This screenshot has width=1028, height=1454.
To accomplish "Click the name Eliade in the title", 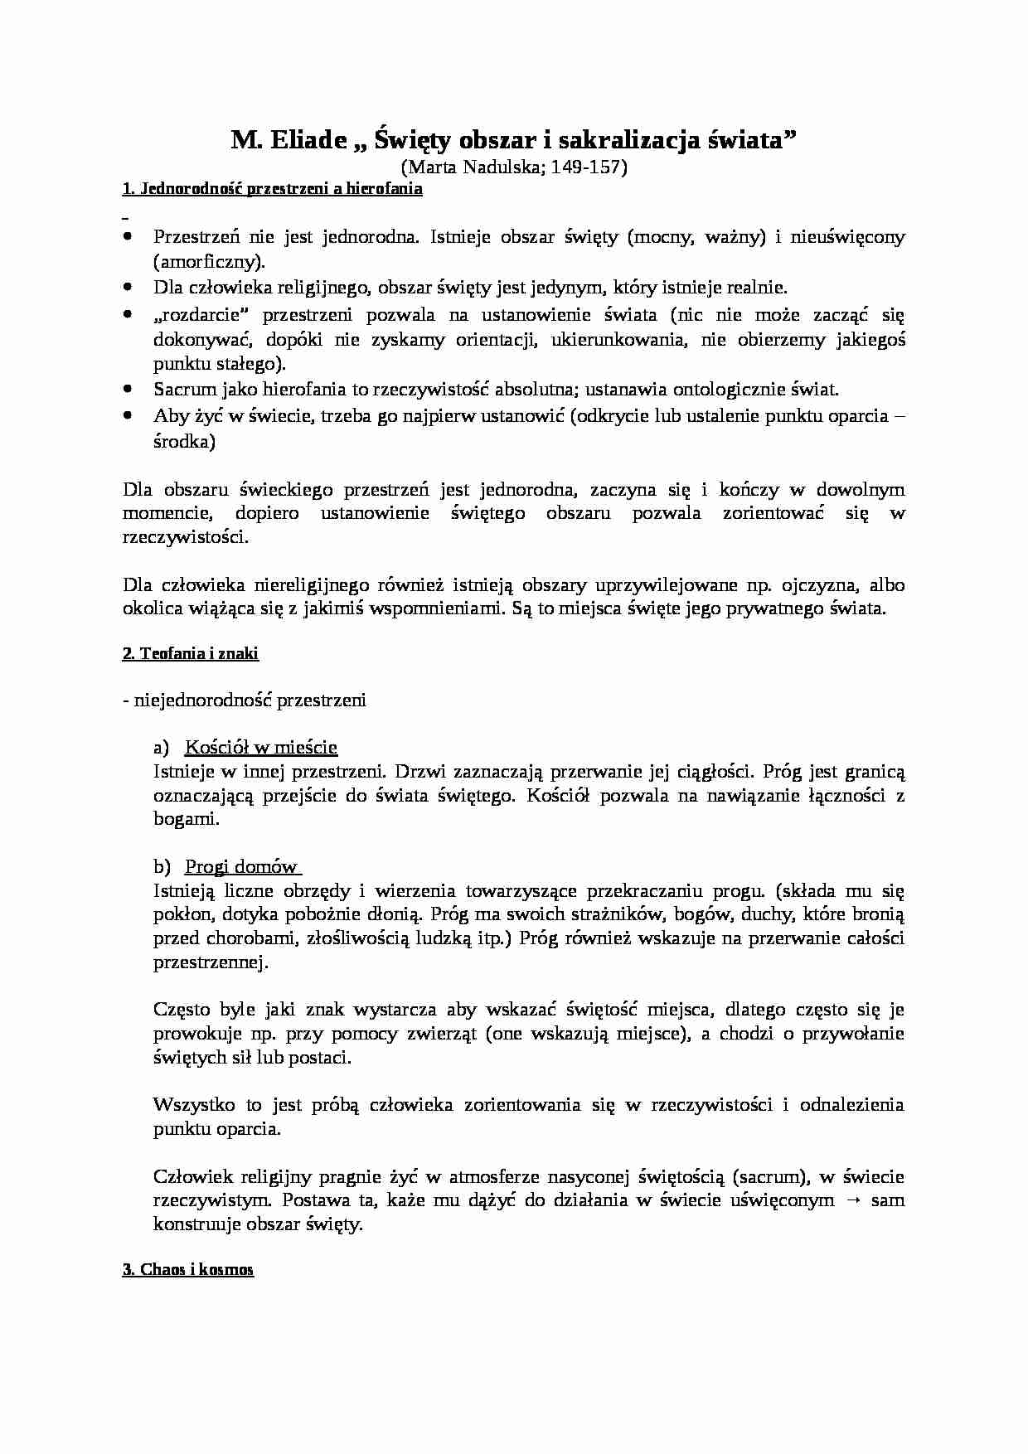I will [308, 141].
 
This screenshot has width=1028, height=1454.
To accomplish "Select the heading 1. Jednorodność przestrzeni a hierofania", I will [272, 189].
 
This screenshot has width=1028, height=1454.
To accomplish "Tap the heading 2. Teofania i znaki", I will [190, 654].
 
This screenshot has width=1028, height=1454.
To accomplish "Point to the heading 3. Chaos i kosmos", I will [187, 1270].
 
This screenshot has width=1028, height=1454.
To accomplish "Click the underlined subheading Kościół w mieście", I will [260, 748].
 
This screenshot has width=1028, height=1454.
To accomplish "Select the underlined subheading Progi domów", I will [241, 867].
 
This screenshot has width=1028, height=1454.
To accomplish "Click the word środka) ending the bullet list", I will [184, 442].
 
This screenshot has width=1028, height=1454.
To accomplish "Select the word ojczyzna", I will [816, 585].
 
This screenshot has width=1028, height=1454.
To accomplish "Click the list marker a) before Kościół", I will [161, 748].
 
